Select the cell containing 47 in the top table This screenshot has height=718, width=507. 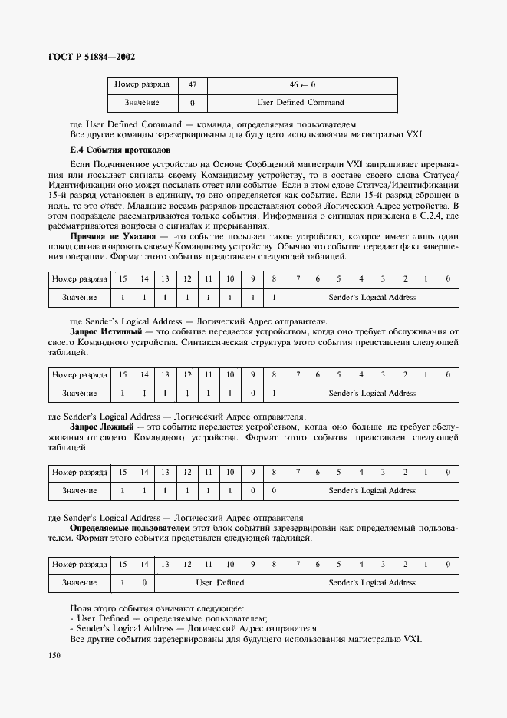pyautogui.click(x=193, y=84)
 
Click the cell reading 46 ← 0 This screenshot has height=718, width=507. pyautogui.click(x=302, y=84)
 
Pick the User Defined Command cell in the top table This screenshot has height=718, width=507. pyautogui.click(x=302, y=102)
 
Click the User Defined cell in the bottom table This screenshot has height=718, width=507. pyautogui.click(x=219, y=582)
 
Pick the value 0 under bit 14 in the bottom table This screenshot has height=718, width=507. pyautogui.click(x=143, y=582)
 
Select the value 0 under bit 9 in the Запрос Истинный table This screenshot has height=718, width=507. pyautogui.click(x=252, y=394)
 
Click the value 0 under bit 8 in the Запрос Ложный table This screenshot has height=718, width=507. pyautogui.click(x=274, y=490)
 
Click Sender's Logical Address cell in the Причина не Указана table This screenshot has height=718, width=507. pyautogui.click(x=372, y=297)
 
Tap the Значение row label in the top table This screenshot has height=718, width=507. pyautogui.click(x=141, y=102)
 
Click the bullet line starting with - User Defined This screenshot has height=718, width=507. pyautogui.click(x=169, y=618)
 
